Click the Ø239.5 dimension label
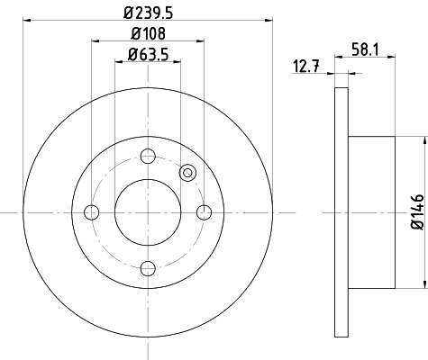[147, 13]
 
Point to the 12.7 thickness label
[306, 64]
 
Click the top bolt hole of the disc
[147, 156]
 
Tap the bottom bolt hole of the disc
[147, 267]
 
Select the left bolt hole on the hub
[91, 212]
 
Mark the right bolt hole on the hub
[204, 212]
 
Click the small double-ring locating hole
[188, 173]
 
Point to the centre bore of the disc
[147, 212]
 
